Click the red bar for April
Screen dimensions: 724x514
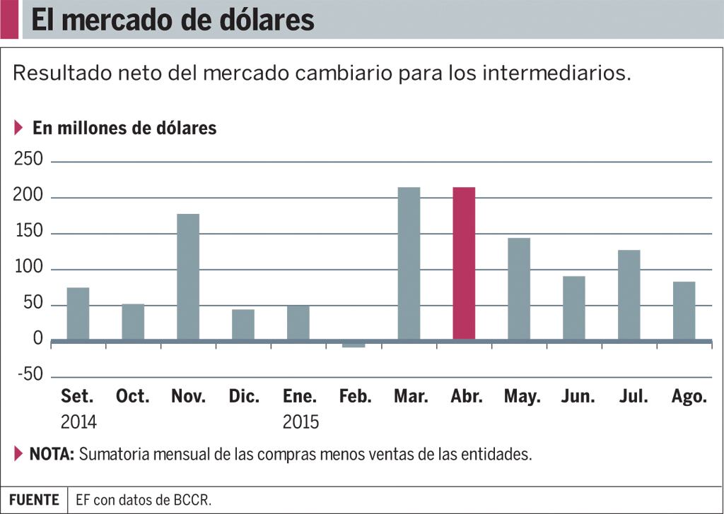(x=464, y=263)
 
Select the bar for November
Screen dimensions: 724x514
(x=188, y=277)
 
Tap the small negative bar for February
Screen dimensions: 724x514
(x=354, y=344)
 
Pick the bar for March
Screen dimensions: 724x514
(x=409, y=263)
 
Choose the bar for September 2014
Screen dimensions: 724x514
(x=78, y=313)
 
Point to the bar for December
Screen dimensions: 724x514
(x=243, y=325)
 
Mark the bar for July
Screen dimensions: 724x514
(x=629, y=295)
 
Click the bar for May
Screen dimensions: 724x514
(x=519, y=289)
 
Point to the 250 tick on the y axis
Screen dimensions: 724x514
(x=28, y=159)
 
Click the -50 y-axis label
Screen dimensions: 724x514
(x=30, y=374)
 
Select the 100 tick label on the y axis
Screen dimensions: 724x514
(x=28, y=267)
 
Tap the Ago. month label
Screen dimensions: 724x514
(x=689, y=397)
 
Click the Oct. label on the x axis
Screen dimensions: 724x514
(x=133, y=396)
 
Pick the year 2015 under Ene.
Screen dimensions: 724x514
(x=300, y=422)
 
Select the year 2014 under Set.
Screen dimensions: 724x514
(x=78, y=422)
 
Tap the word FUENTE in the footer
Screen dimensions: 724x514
(x=34, y=500)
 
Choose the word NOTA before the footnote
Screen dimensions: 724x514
(x=52, y=454)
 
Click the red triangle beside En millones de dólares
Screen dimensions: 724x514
(x=18, y=128)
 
